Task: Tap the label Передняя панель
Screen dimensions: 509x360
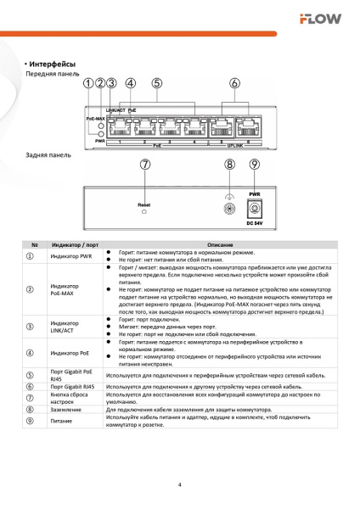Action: point(51,75)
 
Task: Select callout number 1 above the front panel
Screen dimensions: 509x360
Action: point(89,83)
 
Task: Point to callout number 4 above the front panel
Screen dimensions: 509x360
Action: point(130,83)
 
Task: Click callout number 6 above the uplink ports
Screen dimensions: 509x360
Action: point(235,83)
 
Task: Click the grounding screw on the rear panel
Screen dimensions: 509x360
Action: point(228,208)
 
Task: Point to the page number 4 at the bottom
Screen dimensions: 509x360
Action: point(180,484)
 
